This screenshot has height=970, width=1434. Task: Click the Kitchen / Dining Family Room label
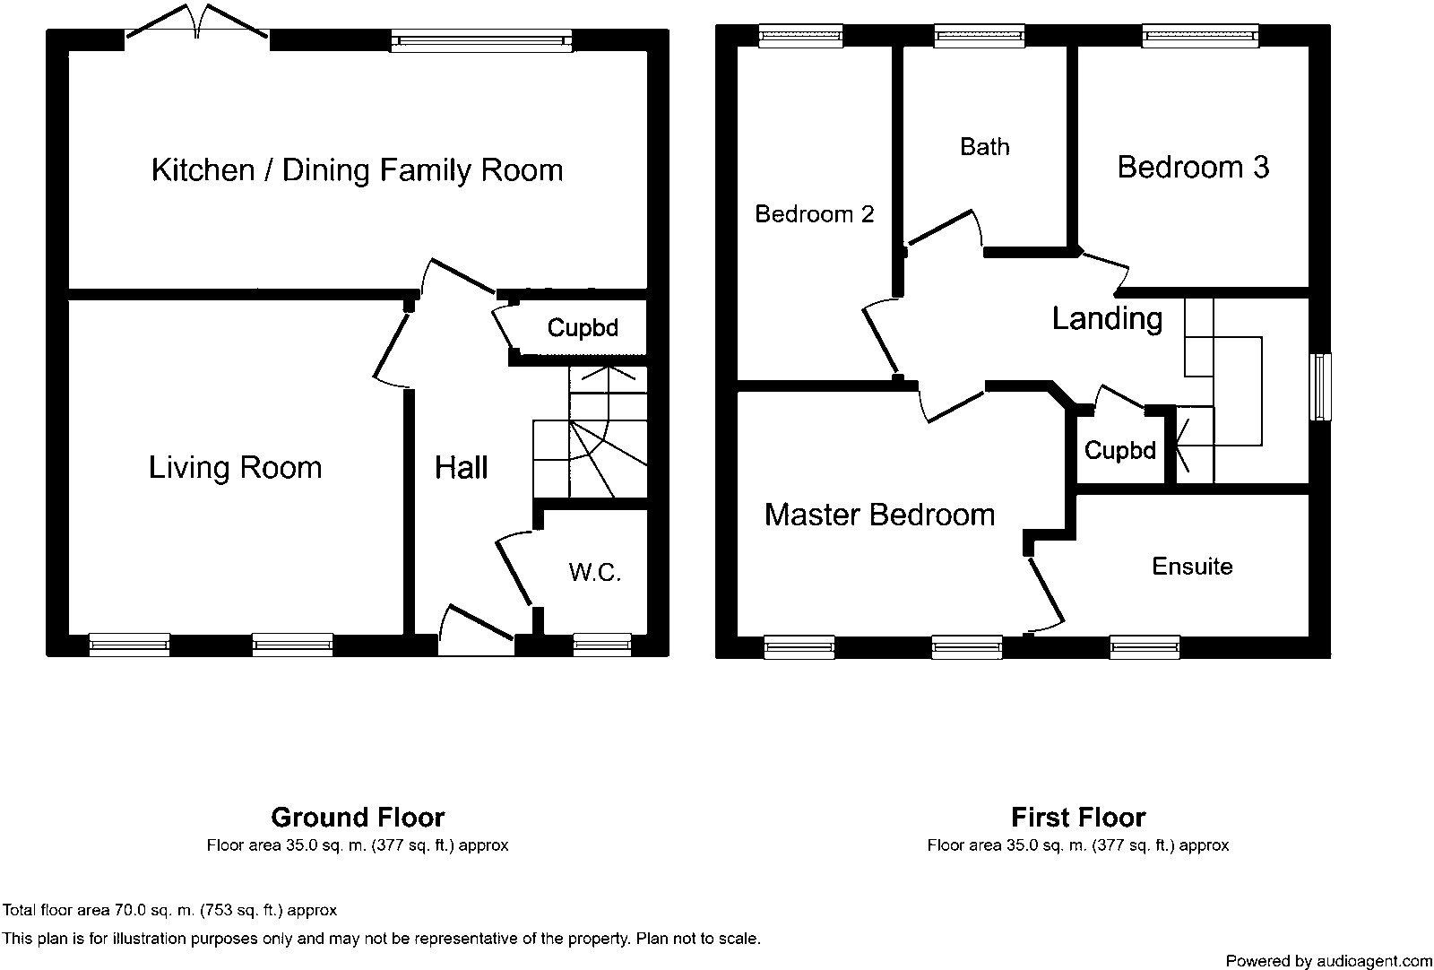point(358,170)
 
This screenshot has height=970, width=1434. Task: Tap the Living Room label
point(235,467)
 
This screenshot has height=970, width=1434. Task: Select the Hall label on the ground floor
point(461,467)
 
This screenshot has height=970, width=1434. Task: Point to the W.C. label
point(595,572)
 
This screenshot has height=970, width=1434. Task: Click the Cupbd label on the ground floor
point(583,328)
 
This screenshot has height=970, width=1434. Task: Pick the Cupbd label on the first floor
point(1119,450)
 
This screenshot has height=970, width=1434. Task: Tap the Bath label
point(985,147)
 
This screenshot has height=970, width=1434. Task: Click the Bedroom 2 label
point(815,214)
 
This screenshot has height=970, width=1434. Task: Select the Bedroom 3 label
point(1193,167)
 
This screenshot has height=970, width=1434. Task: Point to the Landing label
point(1107,319)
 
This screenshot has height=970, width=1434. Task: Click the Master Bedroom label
point(879,515)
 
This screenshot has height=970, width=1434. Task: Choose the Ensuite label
point(1192,567)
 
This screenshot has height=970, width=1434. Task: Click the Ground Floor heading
point(358,818)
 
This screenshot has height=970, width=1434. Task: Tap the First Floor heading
point(1078,818)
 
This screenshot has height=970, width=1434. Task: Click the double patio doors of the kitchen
point(197,22)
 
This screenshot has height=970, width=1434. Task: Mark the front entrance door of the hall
point(476,630)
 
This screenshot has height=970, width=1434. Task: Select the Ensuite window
point(1145,646)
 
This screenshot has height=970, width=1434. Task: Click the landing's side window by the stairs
point(1320,386)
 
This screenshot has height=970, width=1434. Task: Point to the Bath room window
point(980,36)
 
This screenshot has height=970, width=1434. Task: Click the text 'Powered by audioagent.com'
point(1329,961)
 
